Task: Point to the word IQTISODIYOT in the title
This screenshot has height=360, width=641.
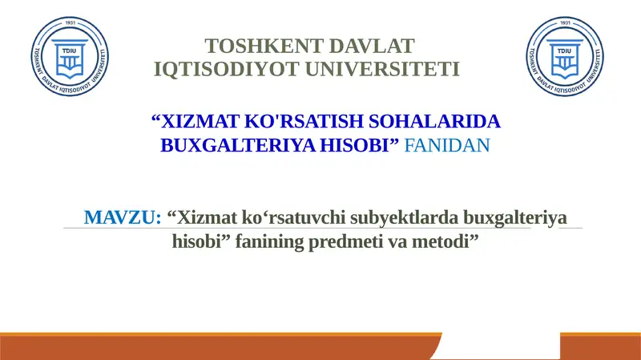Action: pos(209,70)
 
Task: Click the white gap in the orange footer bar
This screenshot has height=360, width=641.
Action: pos(500,348)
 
